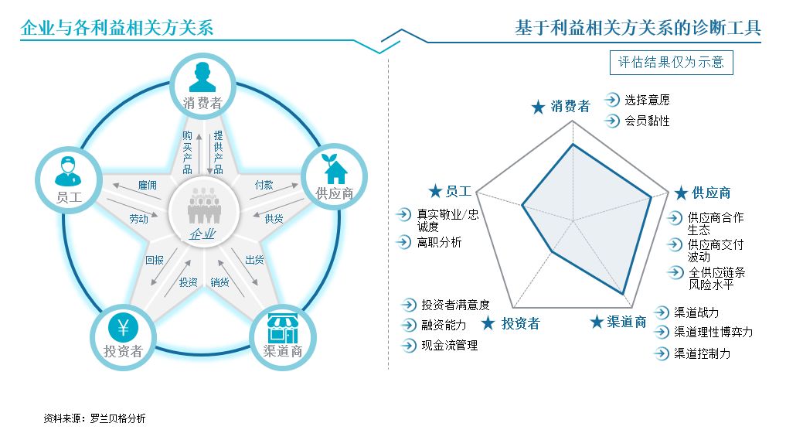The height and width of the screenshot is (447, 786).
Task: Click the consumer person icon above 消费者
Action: (202, 77)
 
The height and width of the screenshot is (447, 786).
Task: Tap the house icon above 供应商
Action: (335, 169)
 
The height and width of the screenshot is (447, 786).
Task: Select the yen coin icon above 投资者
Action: (123, 328)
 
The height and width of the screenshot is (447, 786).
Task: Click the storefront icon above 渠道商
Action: (283, 328)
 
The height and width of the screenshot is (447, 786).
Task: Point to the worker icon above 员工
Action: (68, 172)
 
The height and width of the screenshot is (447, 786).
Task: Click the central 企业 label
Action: (202, 234)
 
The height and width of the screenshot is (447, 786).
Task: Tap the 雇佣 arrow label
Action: (148, 185)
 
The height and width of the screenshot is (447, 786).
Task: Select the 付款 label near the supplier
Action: (264, 185)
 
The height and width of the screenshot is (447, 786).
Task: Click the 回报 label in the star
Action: (155, 260)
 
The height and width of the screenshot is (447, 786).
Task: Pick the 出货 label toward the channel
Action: (254, 260)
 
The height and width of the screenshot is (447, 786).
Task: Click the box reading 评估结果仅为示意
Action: (671, 62)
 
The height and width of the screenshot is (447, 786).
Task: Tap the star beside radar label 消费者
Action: (538, 107)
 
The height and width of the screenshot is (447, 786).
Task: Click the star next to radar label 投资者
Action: (488, 323)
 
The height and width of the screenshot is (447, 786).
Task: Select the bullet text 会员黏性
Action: (647, 121)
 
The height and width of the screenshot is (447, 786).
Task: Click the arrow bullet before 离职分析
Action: (403, 242)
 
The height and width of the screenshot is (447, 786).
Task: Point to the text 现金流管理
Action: (449, 345)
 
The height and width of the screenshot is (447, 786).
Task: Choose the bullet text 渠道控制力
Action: (702, 353)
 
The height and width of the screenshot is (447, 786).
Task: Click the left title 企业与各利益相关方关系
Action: (117, 28)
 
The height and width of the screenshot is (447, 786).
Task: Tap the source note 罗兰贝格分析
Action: (117, 418)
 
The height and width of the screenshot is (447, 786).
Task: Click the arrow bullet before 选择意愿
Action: (612, 100)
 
